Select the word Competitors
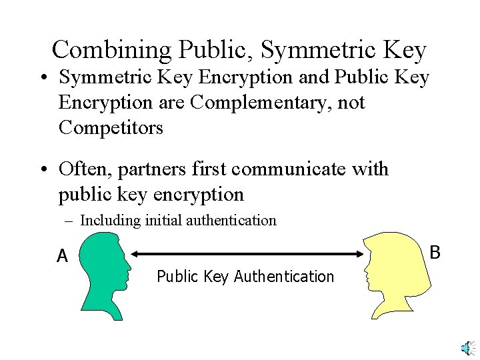(111, 127)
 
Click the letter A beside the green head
(62, 256)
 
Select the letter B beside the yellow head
(435, 253)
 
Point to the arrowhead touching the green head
(133, 253)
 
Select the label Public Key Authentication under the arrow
(245, 277)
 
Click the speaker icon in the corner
(467, 348)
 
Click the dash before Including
(71, 221)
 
